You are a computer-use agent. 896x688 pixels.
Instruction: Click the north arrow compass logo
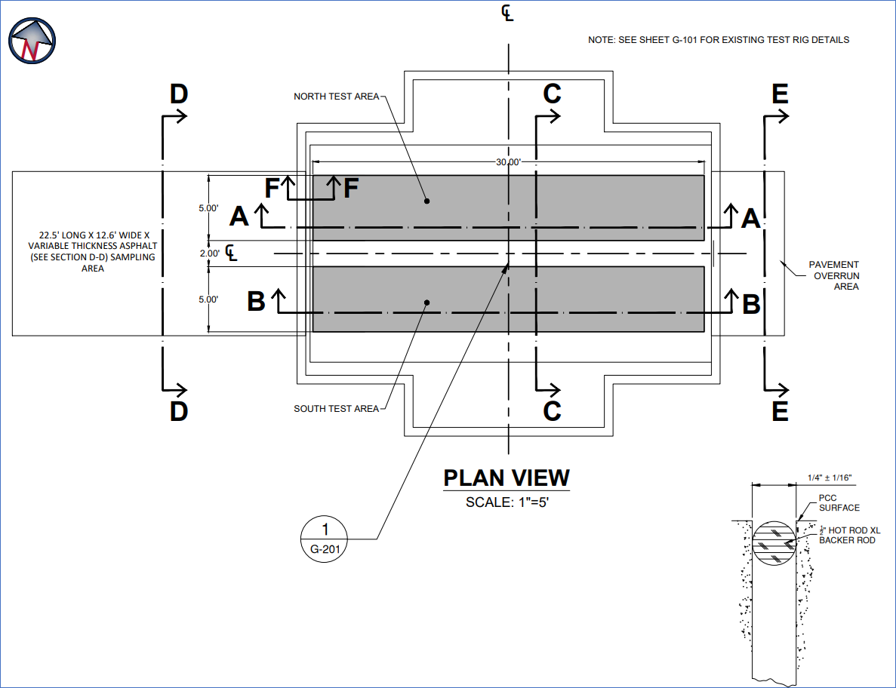tap(32, 41)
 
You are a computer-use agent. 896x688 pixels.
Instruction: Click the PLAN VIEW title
tap(507, 478)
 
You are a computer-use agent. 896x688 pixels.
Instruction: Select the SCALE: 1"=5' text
tap(507, 502)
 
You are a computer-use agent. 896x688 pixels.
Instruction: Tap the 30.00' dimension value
tap(508, 162)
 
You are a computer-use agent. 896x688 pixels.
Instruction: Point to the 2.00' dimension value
tap(209, 253)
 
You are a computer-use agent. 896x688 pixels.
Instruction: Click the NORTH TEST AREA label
tap(336, 97)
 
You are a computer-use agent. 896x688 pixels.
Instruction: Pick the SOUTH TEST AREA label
tap(336, 409)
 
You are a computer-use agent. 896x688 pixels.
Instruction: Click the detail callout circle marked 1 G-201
tap(325, 539)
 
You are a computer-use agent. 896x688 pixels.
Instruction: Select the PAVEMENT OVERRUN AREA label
tap(833, 276)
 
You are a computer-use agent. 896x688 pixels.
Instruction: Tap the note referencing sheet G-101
tap(719, 40)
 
